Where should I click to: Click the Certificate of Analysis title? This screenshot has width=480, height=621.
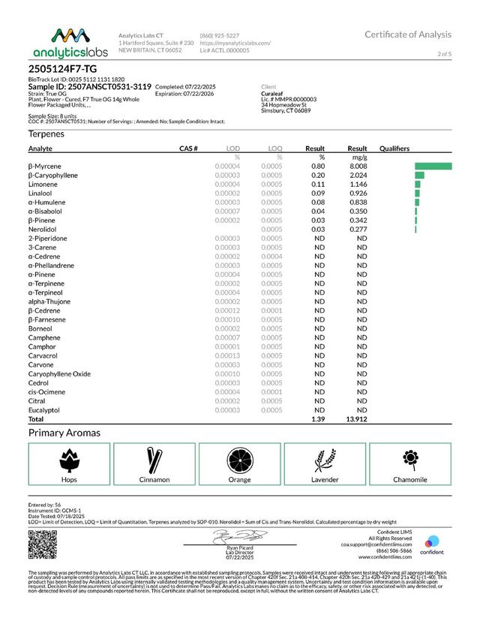(x=408, y=34)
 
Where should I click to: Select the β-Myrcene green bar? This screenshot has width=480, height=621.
(x=433, y=166)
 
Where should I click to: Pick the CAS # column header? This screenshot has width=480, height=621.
(x=188, y=148)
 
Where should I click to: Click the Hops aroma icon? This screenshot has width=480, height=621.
(x=69, y=458)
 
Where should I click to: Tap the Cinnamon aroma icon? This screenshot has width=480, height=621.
(x=154, y=458)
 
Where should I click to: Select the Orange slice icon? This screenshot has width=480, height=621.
(x=239, y=458)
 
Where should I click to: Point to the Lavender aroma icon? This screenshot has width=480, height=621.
(x=324, y=458)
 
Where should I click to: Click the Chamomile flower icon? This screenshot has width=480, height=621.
(x=409, y=457)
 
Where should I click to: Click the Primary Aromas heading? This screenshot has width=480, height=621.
(x=64, y=433)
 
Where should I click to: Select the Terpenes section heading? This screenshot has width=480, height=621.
(x=46, y=133)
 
